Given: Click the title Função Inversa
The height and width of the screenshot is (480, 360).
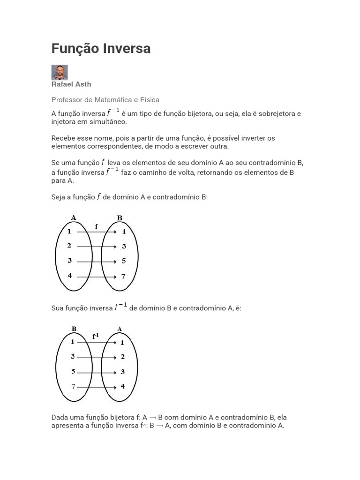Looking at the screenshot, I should (101, 49).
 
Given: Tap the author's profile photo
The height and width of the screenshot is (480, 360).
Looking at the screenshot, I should (60, 72).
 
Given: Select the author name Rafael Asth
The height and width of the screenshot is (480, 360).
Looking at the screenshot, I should (71, 84).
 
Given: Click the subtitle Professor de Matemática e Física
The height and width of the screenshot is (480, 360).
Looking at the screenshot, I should (105, 100).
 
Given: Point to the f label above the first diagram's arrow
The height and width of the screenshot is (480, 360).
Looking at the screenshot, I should (97, 226).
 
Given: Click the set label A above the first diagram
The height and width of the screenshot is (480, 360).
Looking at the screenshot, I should (74, 217).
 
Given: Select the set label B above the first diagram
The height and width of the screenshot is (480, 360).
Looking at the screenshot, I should (120, 218).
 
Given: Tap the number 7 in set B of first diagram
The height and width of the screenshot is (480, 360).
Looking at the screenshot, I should (123, 277).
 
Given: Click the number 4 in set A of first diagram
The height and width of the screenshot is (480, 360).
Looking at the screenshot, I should (69, 276).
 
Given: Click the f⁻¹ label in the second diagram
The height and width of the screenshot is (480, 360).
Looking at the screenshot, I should (96, 336).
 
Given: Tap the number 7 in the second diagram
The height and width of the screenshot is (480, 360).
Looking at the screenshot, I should (73, 386).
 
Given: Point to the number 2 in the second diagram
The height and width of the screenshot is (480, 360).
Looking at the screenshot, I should (122, 357).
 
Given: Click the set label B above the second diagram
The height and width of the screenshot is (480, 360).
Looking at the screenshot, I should (74, 329).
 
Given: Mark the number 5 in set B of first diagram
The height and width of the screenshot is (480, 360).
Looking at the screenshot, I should (123, 261).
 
